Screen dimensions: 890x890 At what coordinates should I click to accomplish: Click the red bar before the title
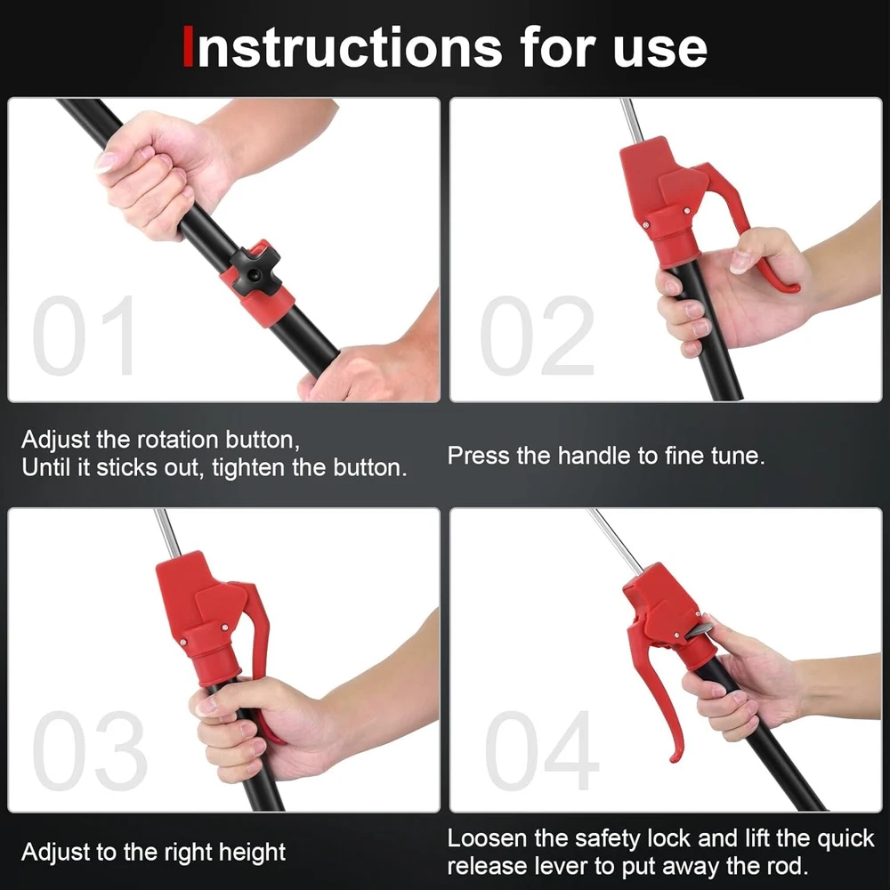[188, 47]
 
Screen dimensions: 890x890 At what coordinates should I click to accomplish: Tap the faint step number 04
[542, 749]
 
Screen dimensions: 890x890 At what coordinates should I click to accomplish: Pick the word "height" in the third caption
[253, 853]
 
